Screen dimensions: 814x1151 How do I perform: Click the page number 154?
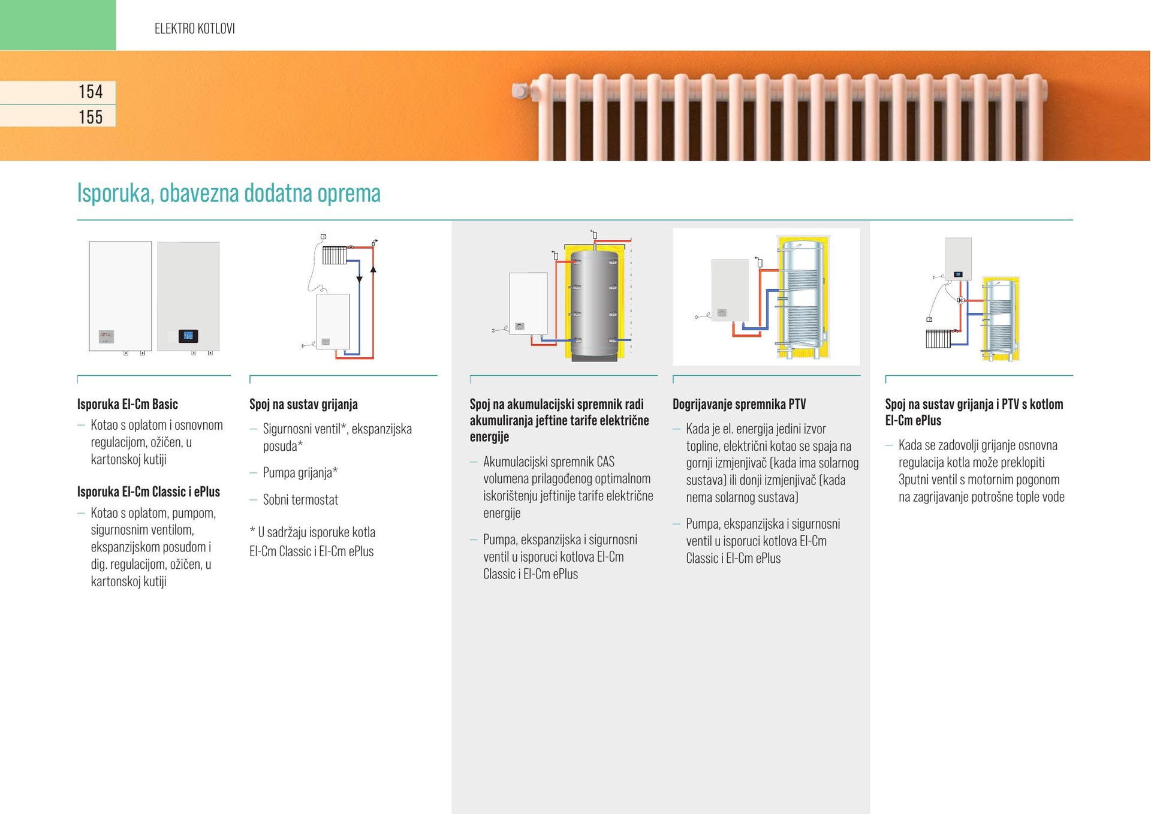point(91,92)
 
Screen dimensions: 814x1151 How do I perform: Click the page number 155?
point(91,117)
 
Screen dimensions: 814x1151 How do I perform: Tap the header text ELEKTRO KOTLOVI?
point(194,29)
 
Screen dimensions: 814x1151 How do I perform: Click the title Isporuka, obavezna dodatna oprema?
point(228,194)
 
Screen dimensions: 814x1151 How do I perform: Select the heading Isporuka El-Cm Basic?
point(127,404)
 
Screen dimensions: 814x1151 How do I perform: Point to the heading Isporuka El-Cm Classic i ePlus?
point(148,492)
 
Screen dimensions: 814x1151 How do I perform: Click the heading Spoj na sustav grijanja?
point(303,404)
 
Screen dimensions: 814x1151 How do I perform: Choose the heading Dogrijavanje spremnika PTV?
point(739,404)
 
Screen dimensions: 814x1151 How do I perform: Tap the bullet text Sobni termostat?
point(300,499)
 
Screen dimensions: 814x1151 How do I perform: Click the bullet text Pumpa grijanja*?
point(300,472)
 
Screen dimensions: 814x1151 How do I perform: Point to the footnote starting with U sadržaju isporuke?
point(311,541)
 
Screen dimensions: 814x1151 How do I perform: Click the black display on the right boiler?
point(188,336)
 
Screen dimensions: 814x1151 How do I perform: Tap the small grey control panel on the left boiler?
point(106,336)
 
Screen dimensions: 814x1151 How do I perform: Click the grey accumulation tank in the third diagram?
point(593,306)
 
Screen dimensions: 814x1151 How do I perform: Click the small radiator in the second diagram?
point(334,255)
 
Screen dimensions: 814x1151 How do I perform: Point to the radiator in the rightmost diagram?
point(938,339)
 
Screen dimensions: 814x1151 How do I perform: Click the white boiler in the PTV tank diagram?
point(730,290)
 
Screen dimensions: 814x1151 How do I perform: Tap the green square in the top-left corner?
point(58,25)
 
